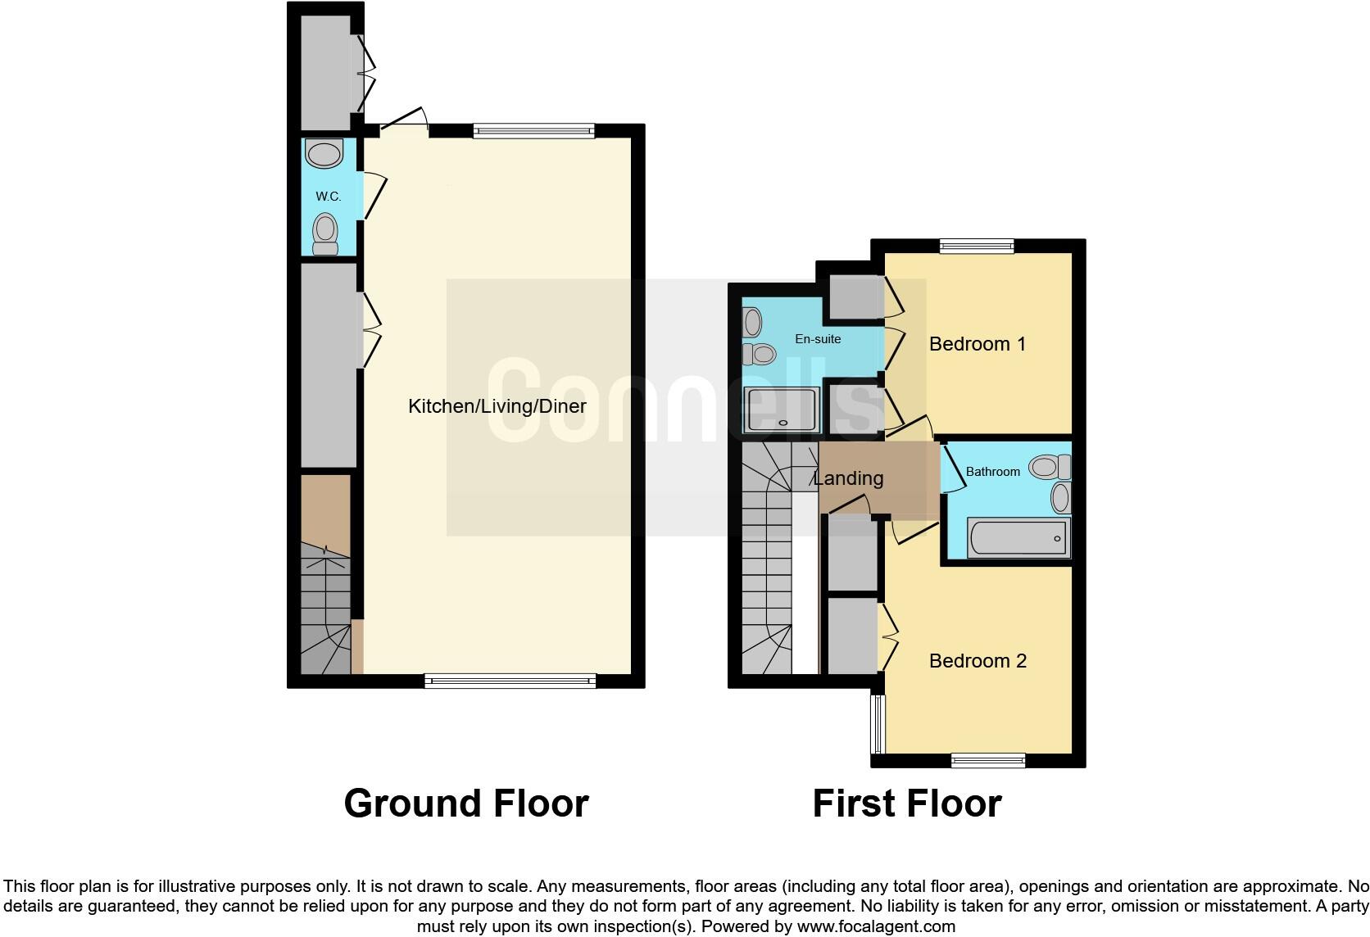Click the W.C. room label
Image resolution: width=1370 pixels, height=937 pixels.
pyautogui.click(x=328, y=197)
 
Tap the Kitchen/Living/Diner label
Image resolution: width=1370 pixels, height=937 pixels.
pyautogui.click(x=497, y=406)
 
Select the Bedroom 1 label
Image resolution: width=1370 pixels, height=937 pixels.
pyautogui.click(x=977, y=344)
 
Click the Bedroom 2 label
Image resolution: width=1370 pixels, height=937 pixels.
pyautogui.click(x=978, y=661)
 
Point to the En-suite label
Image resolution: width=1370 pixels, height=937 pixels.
pyautogui.click(x=818, y=339)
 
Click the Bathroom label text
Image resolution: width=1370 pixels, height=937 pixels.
pyautogui.click(x=992, y=472)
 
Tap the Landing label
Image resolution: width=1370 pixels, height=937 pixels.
pyautogui.click(x=848, y=478)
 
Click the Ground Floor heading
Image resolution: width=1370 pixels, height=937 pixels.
pyautogui.click(x=465, y=803)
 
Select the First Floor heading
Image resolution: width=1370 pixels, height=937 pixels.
pyautogui.click(x=906, y=803)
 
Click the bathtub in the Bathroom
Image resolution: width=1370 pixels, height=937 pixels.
pyautogui.click(x=1018, y=538)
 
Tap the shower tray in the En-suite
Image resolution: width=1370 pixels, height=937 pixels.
pyautogui.click(x=782, y=410)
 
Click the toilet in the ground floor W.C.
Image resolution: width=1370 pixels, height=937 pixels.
pyautogui.click(x=325, y=235)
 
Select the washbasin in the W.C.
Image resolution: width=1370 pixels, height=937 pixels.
pyautogui.click(x=324, y=153)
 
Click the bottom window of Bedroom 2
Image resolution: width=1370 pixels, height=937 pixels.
pyautogui.click(x=987, y=761)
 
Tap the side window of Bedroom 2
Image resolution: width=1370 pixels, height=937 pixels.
pyautogui.click(x=878, y=724)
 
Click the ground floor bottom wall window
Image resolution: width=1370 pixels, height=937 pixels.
pyautogui.click(x=510, y=680)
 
